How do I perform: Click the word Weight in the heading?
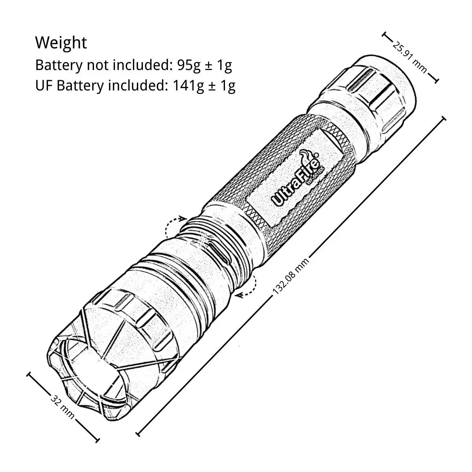(61, 42)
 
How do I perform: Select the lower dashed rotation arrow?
(248, 285)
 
